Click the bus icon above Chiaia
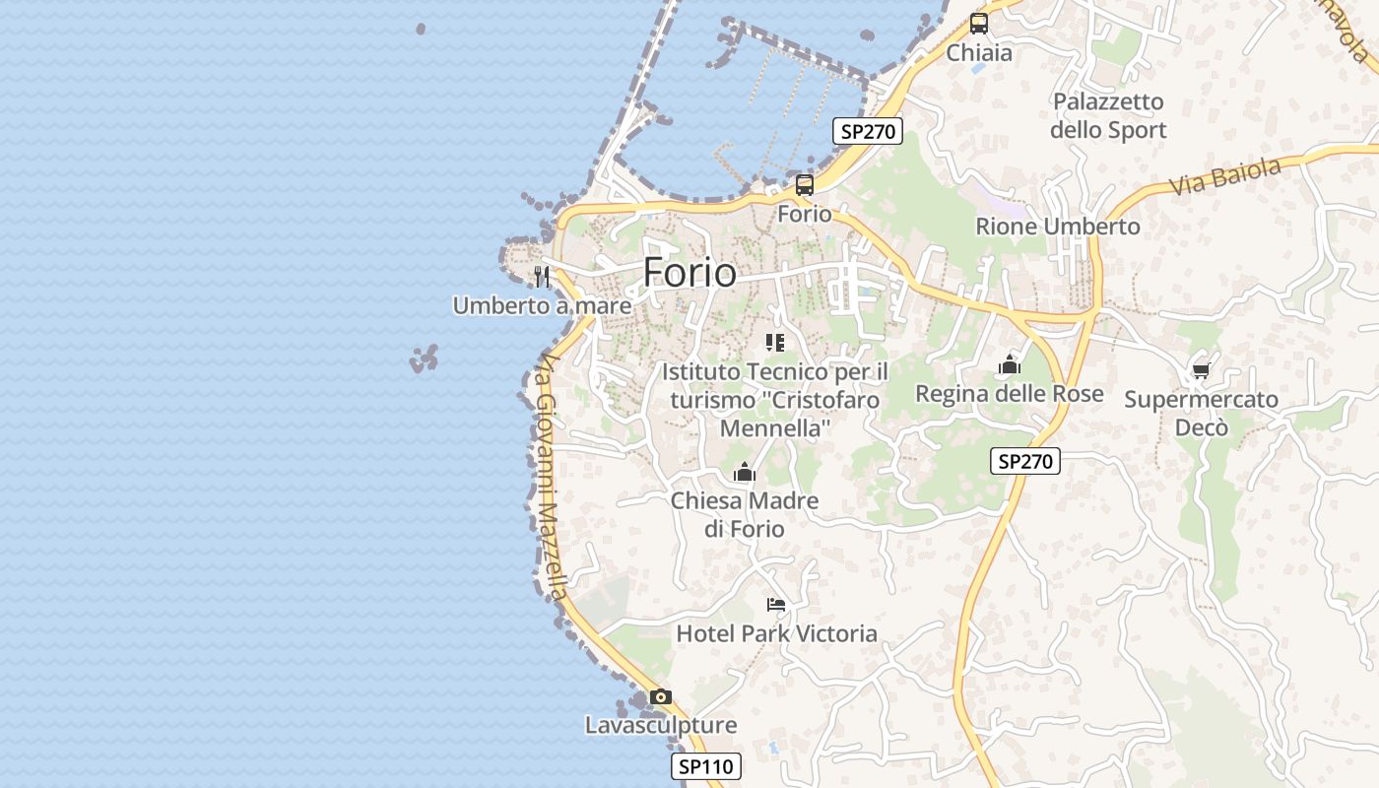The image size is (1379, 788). (x=978, y=24)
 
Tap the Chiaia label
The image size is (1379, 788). (x=979, y=53)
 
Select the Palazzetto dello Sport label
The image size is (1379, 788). (x=1108, y=116)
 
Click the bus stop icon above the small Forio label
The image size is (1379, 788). (x=805, y=184)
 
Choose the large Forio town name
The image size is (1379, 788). (x=689, y=273)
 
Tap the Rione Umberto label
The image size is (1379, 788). (x=1058, y=227)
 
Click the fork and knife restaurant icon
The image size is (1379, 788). (x=541, y=275)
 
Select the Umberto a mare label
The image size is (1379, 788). (x=542, y=306)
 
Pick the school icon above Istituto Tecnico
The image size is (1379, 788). (x=775, y=343)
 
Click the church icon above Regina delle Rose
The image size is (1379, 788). (x=1009, y=365)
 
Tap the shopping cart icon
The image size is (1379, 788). (x=1201, y=370)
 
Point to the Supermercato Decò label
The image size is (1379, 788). (x=1202, y=414)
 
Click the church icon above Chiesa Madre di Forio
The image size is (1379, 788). (x=745, y=473)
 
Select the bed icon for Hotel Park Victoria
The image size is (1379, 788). (x=776, y=605)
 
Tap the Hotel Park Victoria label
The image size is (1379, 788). (x=776, y=633)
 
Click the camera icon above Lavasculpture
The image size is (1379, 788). (x=661, y=697)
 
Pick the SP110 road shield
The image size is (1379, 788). (x=706, y=766)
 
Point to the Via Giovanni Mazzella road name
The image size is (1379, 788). (x=549, y=478)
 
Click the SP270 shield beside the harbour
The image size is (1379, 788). (x=867, y=131)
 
